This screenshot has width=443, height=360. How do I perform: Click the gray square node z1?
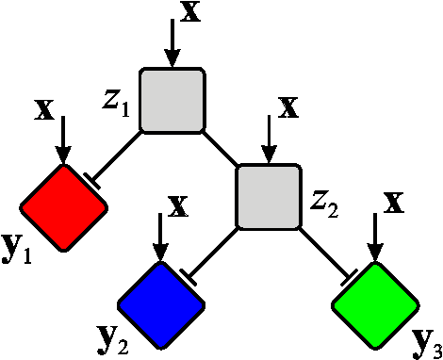click(x=172, y=100)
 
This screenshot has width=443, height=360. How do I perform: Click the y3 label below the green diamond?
click(x=425, y=341)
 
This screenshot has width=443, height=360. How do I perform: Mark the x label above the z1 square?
click(x=191, y=13)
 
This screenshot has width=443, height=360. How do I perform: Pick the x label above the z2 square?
click(x=288, y=106)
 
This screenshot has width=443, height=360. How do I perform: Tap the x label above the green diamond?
click(x=396, y=202)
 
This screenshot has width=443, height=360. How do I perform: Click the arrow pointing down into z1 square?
click(x=172, y=42)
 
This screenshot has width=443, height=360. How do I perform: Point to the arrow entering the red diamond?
click(x=63, y=139)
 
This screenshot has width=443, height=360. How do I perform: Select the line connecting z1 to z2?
click(x=220, y=148)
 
